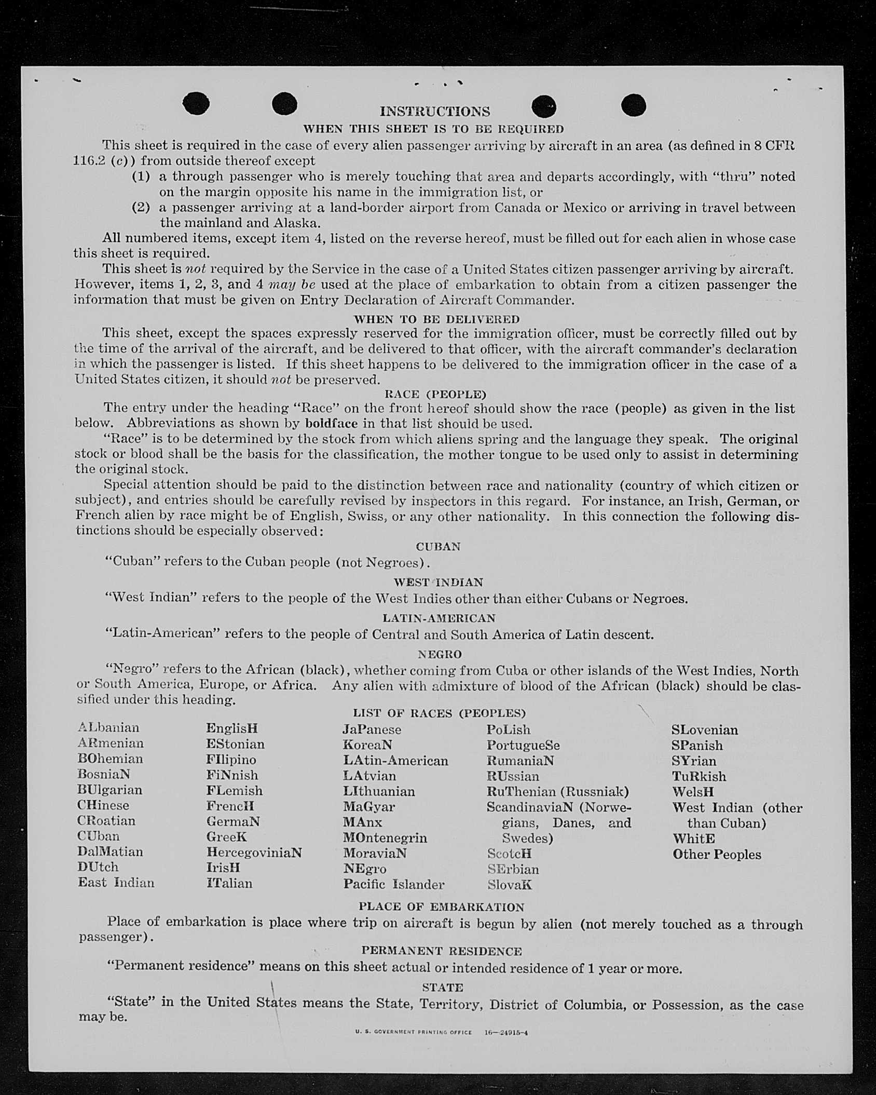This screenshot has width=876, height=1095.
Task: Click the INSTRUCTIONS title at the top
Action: coord(434,112)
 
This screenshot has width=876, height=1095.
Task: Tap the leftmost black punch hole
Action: coord(196,103)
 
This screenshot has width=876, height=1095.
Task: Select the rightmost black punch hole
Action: coord(633,105)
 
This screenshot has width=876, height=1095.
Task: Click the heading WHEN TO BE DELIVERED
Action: coord(436,319)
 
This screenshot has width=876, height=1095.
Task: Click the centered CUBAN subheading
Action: coord(438,547)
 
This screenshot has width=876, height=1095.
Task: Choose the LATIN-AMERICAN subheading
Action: coord(439,618)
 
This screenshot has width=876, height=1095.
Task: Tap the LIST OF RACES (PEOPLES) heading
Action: coord(439,713)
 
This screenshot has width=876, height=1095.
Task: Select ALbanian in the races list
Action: coord(108,727)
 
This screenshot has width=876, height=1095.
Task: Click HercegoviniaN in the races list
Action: coord(254,853)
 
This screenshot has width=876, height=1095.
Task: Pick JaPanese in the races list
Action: coord(372,729)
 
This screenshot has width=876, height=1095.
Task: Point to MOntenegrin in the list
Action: coord(385,837)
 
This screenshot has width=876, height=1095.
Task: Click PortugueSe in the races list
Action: coord(523,745)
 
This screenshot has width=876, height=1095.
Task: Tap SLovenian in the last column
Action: coord(704,729)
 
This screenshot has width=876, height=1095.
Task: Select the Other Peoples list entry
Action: coord(717,854)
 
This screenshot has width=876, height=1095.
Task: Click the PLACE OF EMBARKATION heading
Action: coord(441,907)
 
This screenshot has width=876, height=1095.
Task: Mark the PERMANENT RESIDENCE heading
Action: coord(441,951)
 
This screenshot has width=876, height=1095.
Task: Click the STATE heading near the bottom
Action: coord(442,987)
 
